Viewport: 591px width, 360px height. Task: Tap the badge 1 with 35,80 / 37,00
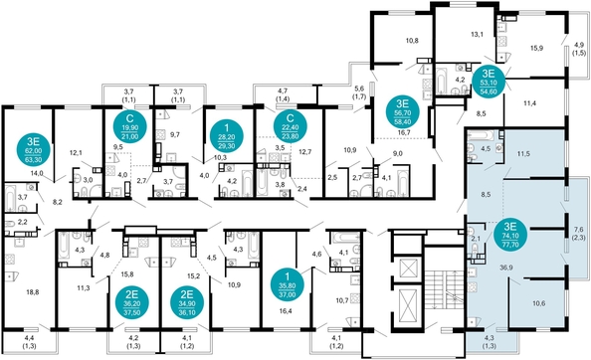(288, 282)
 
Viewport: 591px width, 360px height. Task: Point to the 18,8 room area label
(32, 292)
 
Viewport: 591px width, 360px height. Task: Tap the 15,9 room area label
(536, 47)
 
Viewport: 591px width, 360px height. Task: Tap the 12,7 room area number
(305, 151)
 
